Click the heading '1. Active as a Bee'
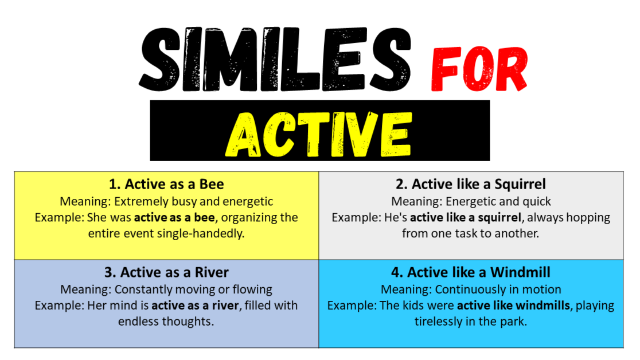click(166, 184)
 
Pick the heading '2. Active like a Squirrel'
click(470, 184)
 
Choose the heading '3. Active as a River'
click(166, 272)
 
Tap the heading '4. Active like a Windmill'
click(470, 272)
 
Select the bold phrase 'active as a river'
click(195, 306)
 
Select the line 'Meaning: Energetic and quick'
click(470, 201)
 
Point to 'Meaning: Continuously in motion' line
click(470, 289)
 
